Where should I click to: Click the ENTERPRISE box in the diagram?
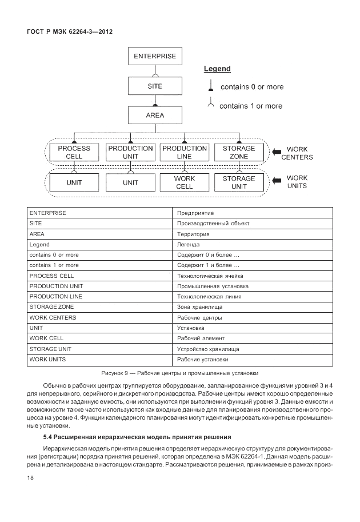(155, 56)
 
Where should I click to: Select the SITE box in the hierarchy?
(155, 86)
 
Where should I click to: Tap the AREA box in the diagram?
(155, 115)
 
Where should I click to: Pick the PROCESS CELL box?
(74, 152)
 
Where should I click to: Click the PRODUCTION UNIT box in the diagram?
(130, 152)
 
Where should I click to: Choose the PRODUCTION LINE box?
(184, 152)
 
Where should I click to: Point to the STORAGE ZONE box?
(239, 152)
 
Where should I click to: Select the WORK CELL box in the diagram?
(184, 182)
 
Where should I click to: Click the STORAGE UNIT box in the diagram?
(239, 182)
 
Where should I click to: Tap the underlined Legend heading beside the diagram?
(217, 69)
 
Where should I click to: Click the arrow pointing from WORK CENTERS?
(277, 153)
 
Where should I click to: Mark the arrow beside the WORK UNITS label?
(277, 182)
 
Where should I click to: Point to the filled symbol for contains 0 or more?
(210, 87)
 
